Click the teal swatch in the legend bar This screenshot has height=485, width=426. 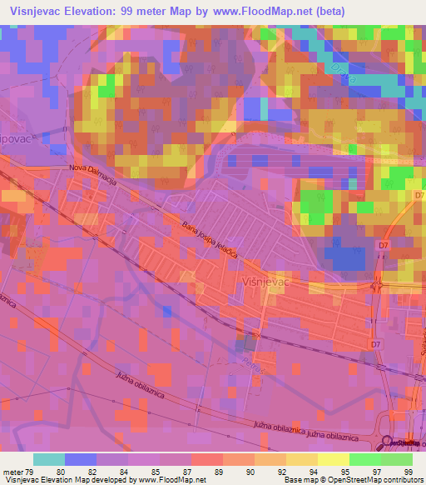click(49, 458)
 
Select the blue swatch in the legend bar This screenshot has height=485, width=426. click(81, 458)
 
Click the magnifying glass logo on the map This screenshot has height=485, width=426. click(387, 443)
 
